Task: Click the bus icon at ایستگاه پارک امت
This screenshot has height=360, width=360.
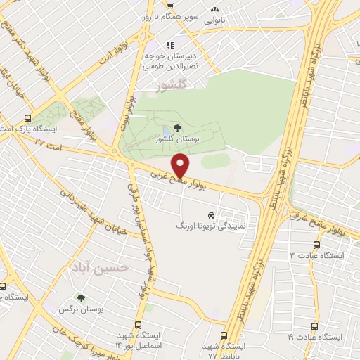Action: [x=27, y=119]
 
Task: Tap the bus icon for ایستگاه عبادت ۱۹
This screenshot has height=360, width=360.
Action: [x=314, y=326]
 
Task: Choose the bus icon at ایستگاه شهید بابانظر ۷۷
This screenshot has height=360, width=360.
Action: [x=224, y=335]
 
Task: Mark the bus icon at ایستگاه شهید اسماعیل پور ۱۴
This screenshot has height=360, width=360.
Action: [x=138, y=326]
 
